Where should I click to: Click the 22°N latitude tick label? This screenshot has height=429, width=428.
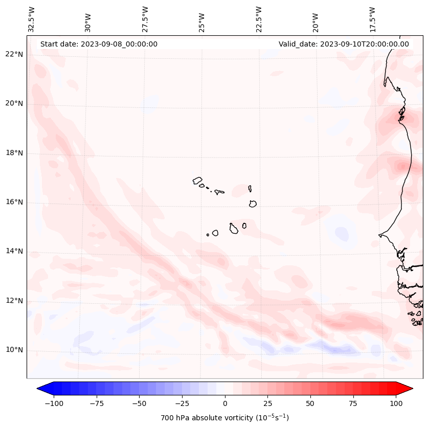click(x=14, y=55)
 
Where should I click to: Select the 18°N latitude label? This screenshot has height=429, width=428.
click(x=14, y=153)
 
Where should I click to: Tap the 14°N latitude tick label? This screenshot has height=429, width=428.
click(x=14, y=251)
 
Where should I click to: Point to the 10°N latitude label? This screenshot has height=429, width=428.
click(x=14, y=350)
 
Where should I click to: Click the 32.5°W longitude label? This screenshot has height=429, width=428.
click(x=32, y=19)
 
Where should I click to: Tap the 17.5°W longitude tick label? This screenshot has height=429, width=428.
click(x=372, y=19)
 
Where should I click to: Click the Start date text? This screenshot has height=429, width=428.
click(x=99, y=44)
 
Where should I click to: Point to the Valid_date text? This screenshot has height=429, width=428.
click(x=344, y=44)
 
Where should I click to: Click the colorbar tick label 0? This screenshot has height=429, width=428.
click(x=225, y=403)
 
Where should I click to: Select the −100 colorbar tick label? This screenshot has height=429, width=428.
click(x=54, y=403)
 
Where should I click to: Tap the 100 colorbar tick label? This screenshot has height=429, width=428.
click(x=396, y=403)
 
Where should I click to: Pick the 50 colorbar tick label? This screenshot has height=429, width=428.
click(x=310, y=403)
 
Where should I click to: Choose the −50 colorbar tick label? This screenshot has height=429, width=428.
click(x=139, y=403)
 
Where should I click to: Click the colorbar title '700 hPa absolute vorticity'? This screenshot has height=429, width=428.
click(x=225, y=418)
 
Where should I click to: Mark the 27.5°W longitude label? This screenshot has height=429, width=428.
click(x=145, y=19)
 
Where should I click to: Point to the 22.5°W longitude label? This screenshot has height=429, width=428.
click(x=259, y=19)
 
